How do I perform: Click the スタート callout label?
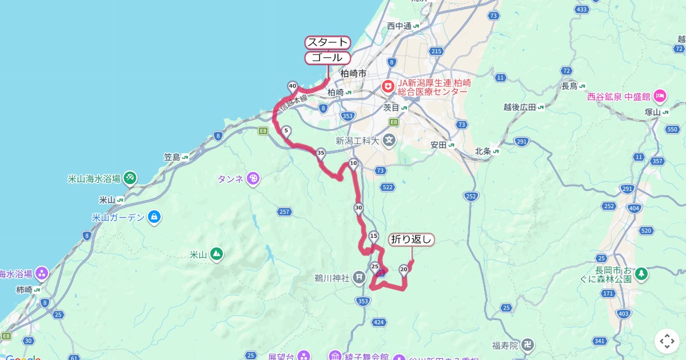328,42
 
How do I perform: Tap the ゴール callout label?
328,58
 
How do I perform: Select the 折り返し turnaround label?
412,239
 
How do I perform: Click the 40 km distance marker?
293,87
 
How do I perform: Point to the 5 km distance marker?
286,131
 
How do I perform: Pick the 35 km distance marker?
321,153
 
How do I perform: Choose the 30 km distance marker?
358,208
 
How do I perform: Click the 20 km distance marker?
404,269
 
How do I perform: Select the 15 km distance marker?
374,236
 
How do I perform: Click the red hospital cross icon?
388,86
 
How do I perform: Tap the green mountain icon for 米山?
216,254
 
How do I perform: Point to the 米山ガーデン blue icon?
153,217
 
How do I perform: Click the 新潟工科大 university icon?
389,140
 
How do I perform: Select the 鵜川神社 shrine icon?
359,278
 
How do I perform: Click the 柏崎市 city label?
353,74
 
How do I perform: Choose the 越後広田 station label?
520,107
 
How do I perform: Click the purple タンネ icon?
253,179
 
